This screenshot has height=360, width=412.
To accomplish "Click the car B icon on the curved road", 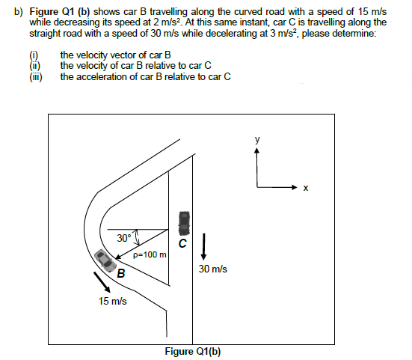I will pyautogui.click(x=105, y=260).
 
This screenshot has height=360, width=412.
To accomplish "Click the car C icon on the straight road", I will pyautogui.click(x=183, y=222).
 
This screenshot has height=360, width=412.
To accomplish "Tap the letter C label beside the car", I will pyautogui.click(x=182, y=244).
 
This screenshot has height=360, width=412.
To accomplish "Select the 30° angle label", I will pyautogui.click(x=124, y=238).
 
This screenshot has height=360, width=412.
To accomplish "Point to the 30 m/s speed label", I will pyautogui.click(x=213, y=269).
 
